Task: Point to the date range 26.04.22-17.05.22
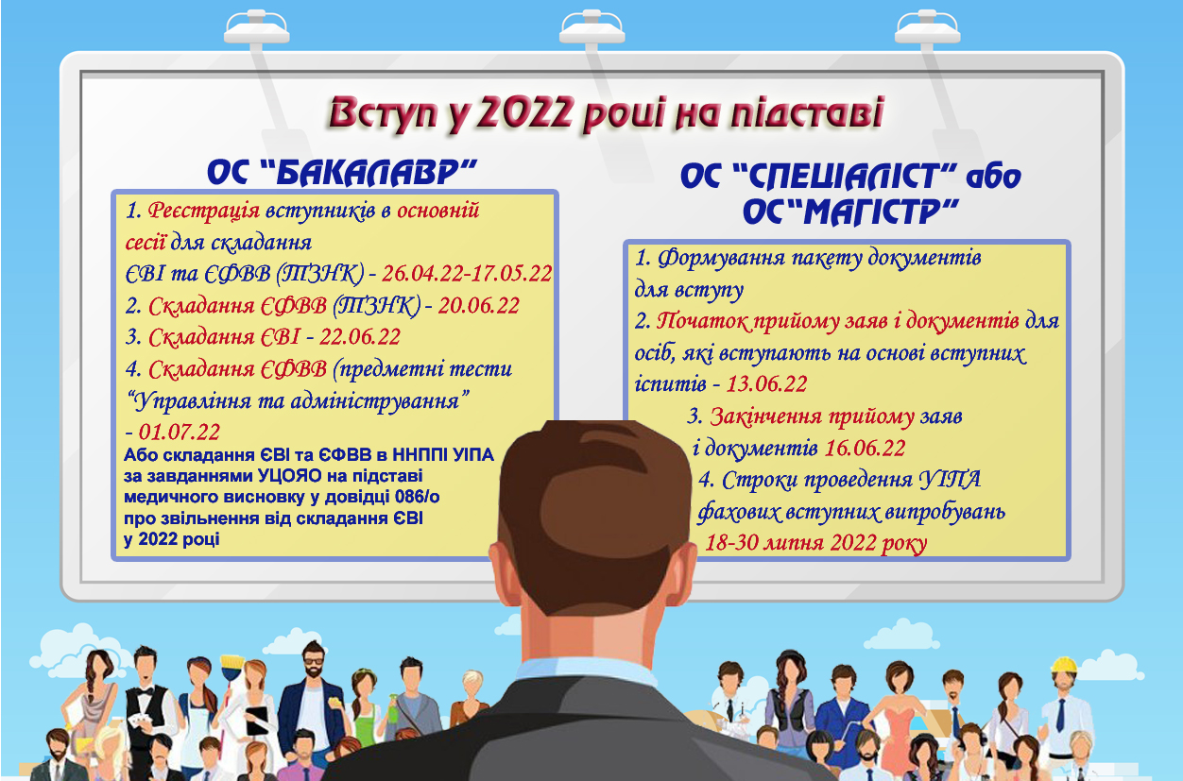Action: pos(467,273)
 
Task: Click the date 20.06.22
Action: pos(478,306)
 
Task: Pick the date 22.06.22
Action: pos(360,337)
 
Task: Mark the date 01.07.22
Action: pos(179,432)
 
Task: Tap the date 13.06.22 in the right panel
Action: pos(767,383)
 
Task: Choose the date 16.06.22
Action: pos(866,448)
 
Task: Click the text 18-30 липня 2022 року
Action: pos(816,543)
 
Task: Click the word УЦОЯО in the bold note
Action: pos(290,476)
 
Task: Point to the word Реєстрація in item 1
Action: pos(204,211)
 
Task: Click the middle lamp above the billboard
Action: pos(592,29)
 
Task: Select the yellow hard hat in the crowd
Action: pos(1064,665)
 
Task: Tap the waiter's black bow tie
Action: pos(145,689)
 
